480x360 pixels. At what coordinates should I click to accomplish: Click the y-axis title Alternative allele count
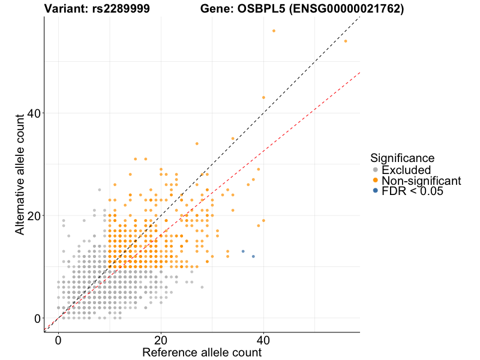20,174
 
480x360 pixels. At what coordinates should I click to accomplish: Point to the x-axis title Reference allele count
202,352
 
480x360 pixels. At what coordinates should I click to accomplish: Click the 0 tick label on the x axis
58,340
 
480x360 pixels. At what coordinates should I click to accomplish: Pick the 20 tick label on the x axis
161,340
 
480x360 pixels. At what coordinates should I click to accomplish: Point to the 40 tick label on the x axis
263,340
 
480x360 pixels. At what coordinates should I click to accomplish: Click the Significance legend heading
402,158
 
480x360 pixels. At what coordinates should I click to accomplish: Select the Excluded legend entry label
406,170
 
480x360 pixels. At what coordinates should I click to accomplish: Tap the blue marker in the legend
376,191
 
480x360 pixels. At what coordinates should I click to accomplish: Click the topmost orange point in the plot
274,31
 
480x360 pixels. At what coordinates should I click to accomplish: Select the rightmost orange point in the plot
346,41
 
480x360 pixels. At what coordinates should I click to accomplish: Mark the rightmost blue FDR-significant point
253,256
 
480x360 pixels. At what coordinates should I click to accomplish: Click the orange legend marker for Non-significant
376,180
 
